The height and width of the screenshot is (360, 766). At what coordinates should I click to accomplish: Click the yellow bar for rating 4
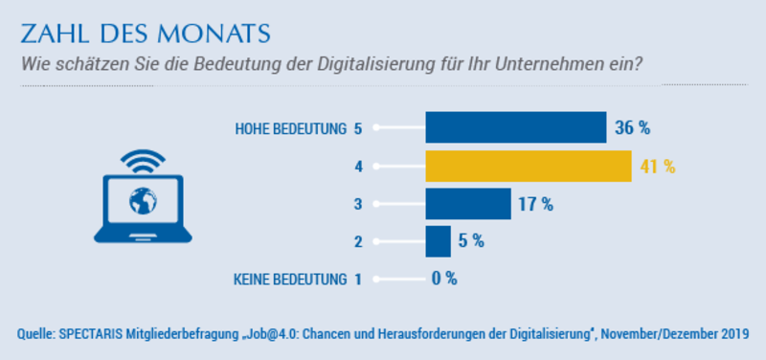(529, 167)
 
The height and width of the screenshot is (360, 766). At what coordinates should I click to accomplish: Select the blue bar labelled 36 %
(516, 127)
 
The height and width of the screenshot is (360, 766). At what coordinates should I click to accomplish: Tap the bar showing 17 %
(468, 204)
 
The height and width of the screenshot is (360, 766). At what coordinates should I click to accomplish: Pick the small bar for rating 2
(439, 241)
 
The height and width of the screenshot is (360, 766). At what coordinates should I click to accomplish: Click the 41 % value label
(658, 167)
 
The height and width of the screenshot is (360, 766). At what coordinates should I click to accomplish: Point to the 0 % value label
(444, 279)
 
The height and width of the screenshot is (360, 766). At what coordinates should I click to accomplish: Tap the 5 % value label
(471, 241)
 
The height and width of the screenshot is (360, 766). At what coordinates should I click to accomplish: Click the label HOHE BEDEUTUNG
(290, 129)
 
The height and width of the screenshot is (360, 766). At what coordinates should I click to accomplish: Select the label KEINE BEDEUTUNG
(290, 280)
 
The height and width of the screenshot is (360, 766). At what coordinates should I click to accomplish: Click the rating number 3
(358, 204)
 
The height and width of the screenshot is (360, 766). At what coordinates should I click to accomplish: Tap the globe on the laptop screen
(143, 201)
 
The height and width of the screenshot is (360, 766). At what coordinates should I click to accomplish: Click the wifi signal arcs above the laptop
(143, 161)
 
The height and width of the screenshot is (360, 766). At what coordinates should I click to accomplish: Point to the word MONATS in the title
(214, 34)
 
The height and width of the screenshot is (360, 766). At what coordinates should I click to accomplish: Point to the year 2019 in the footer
(734, 334)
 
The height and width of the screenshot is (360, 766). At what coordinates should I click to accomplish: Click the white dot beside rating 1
(376, 280)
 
